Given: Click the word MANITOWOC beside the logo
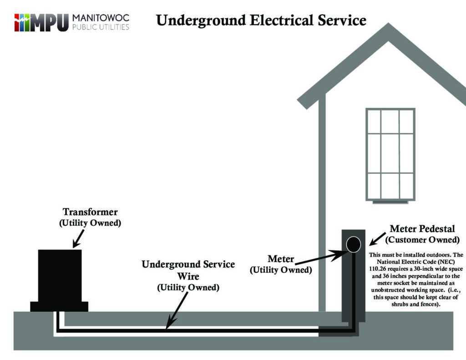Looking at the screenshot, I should (101, 18).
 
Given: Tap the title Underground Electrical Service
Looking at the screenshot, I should (261, 20).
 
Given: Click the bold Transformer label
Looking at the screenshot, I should (90, 212).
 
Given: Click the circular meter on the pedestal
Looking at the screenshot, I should (353, 244).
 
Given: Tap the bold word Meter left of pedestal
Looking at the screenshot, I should (281, 259).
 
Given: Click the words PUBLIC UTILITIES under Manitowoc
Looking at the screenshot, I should (101, 27).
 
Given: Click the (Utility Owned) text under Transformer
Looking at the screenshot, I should (90, 223).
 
